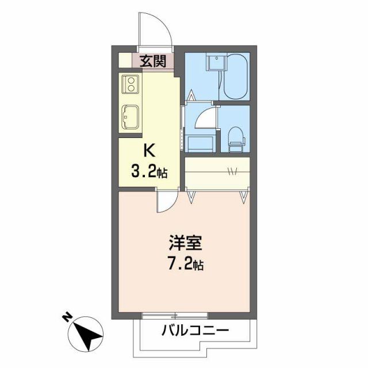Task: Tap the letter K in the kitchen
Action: coord(148,151)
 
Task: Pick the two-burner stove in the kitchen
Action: coord(131,85)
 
